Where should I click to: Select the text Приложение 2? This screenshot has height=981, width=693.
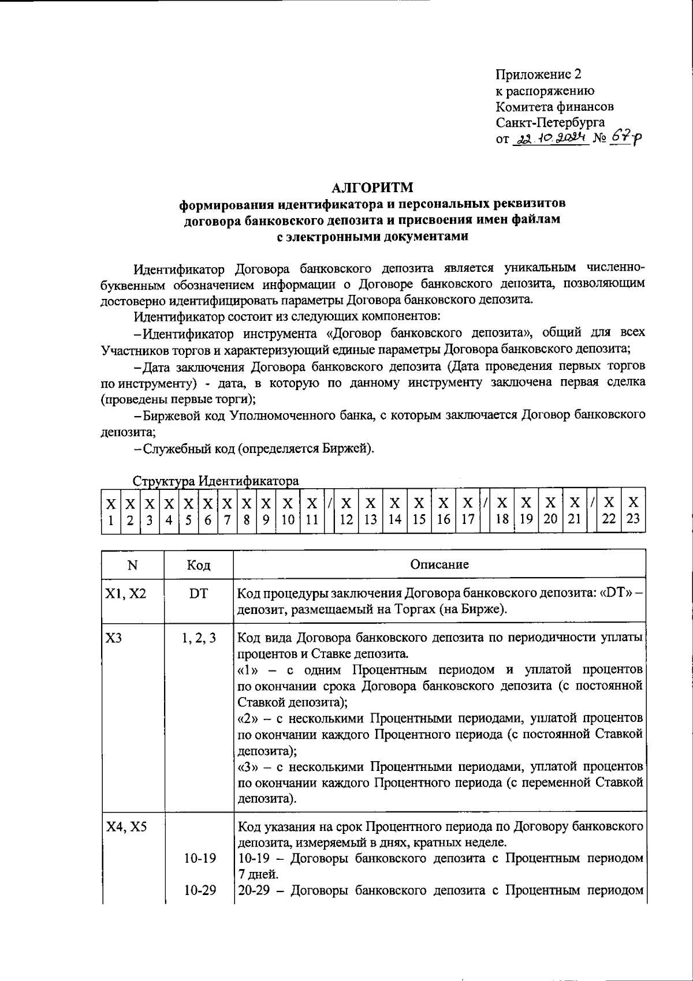[x=539, y=74]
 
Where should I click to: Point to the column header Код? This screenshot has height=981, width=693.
[x=199, y=565]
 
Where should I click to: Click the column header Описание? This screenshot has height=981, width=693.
[x=439, y=564]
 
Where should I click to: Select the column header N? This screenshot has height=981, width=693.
[x=133, y=565]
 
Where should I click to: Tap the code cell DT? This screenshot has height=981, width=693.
[x=199, y=593]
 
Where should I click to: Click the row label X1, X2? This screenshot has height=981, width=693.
[x=125, y=593]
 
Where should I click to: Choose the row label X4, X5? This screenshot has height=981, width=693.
[x=126, y=826]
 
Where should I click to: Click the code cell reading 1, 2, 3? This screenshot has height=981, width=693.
[x=199, y=638]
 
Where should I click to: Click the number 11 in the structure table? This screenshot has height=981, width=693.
[x=312, y=519]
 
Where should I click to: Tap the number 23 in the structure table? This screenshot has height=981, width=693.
[x=634, y=519]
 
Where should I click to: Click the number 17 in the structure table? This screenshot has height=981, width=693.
[x=468, y=519]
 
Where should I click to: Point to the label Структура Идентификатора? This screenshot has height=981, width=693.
[x=215, y=481]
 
